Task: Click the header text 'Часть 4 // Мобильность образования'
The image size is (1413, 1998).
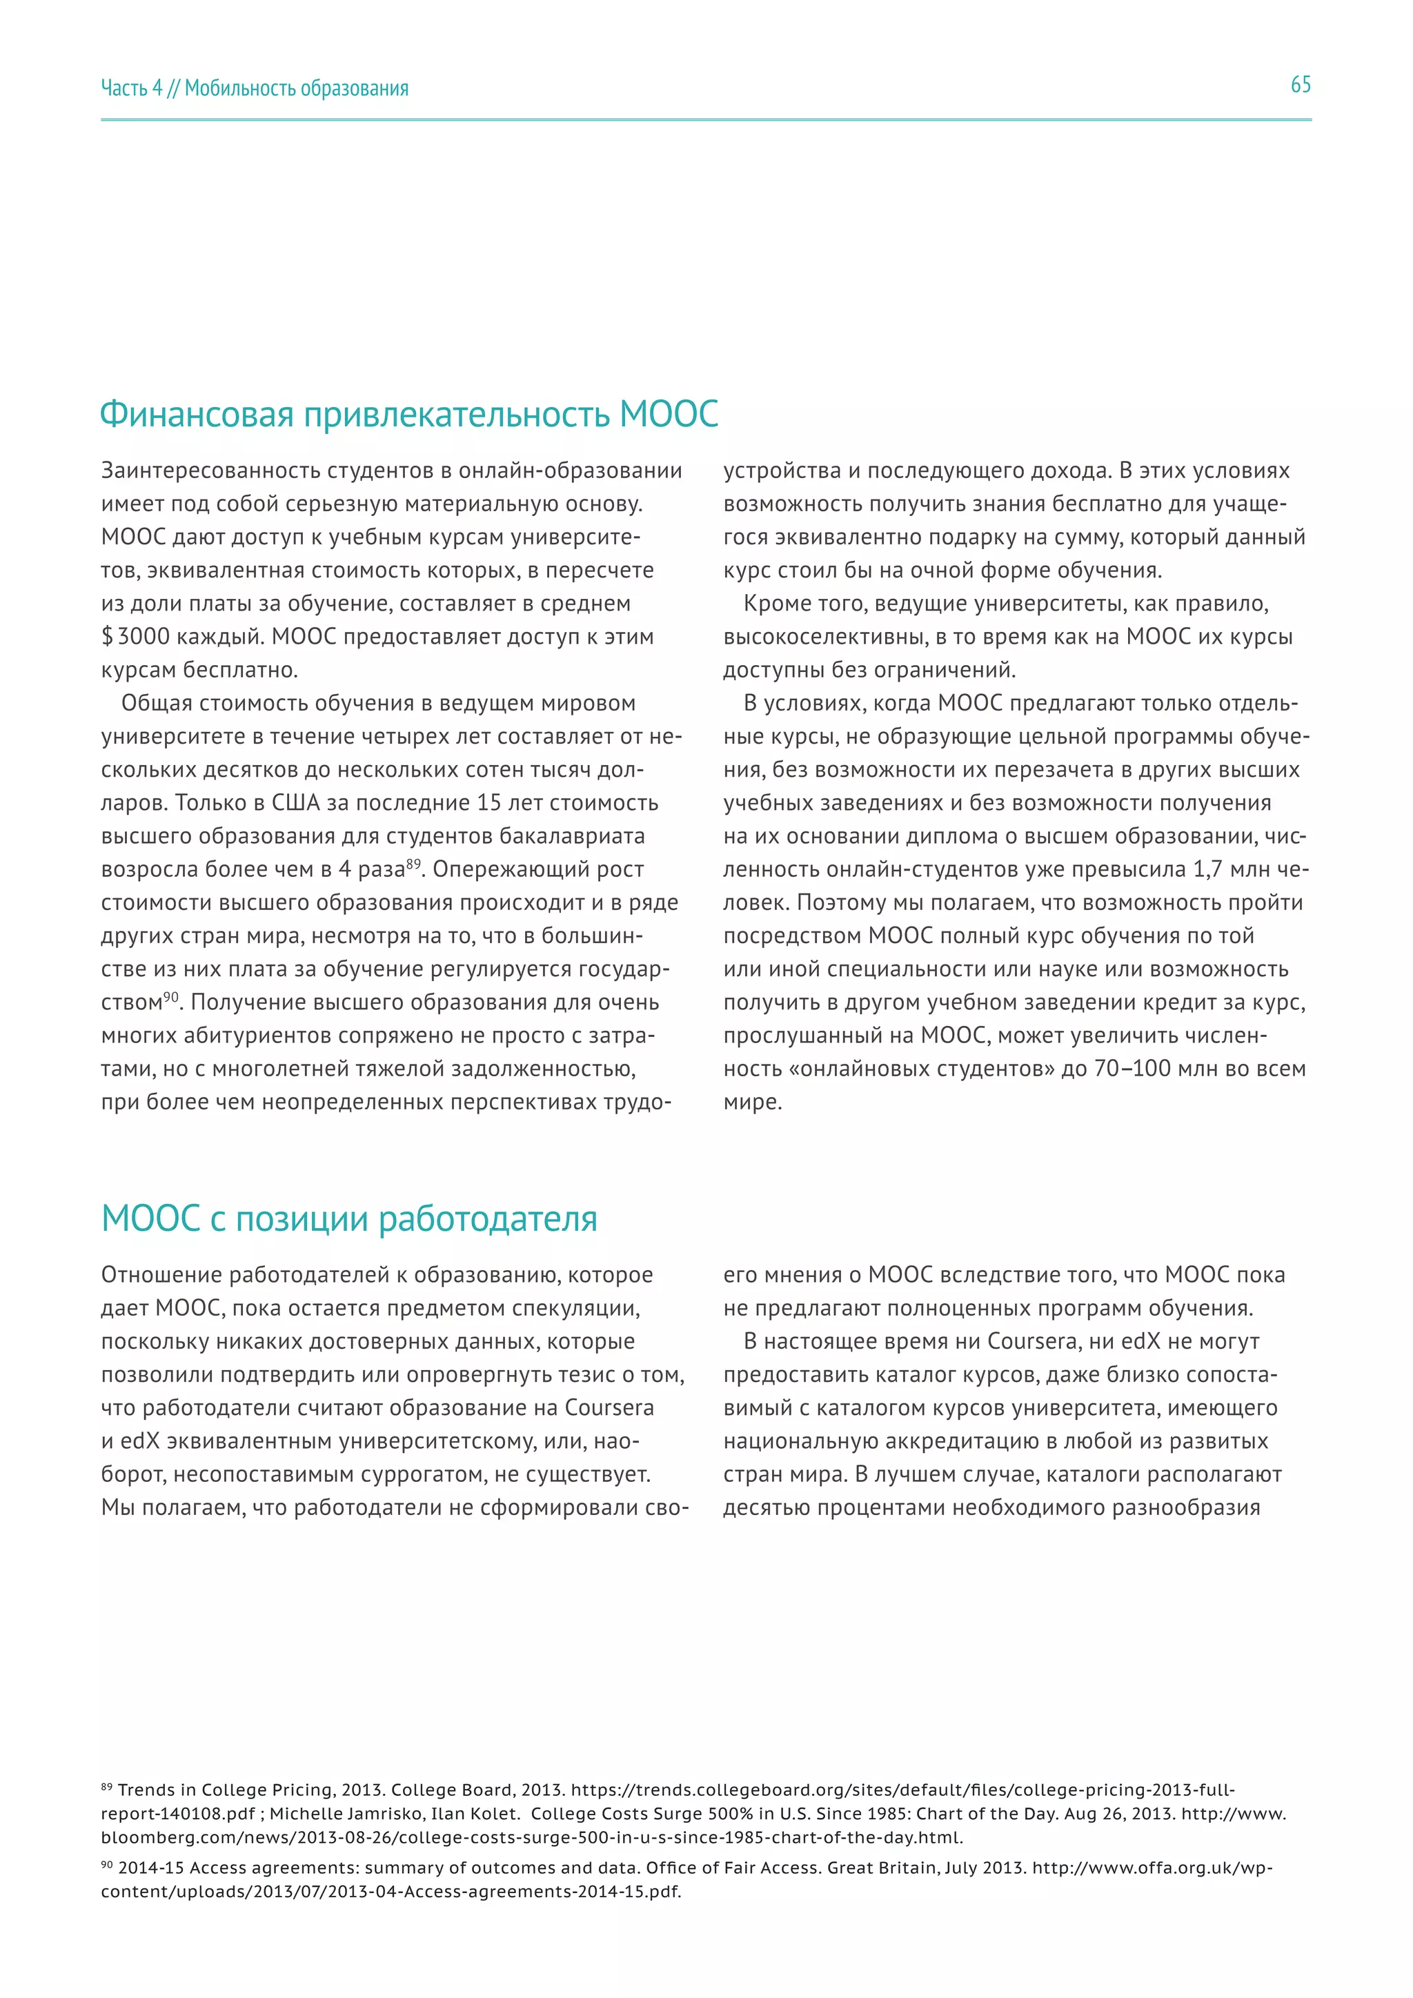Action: [x=254, y=88]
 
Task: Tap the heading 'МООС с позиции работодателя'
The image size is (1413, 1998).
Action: [x=349, y=1218]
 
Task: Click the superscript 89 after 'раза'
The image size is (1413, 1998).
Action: [x=413, y=863]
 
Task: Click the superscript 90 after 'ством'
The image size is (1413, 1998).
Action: [x=170, y=996]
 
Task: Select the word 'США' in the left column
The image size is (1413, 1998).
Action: [x=297, y=802]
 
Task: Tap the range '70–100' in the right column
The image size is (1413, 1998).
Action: [x=1132, y=1069]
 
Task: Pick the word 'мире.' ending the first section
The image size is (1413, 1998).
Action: [x=753, y=1102]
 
